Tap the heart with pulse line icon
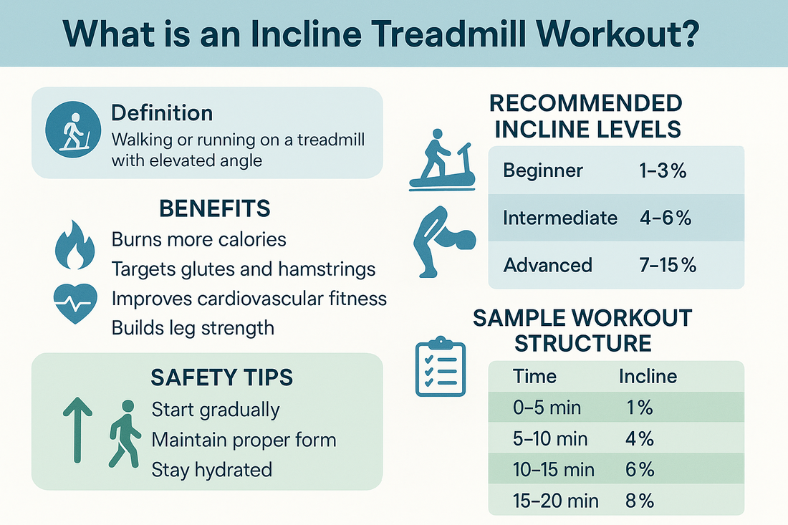click(x=75, y=304)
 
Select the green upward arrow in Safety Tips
click(x=77, y=430)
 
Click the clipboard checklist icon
click(x=441, y=366)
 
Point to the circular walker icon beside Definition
click(x=73, y=130)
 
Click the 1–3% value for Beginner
click(x=663, y=170)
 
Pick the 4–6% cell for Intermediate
click(x=666, y=218)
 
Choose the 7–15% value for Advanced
click(x=668, y=265)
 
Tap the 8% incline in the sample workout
click(x=639, y=501)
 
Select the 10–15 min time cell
click(x=553, y=470)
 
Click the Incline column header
click(x=648, y=376)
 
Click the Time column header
click(x=534, y=376)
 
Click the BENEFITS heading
click(x=215, y=208)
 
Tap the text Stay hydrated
click(x=211, y=470)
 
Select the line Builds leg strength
click(x=193, y=328)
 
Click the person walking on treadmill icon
click(x=442, y=160)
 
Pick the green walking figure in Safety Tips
click(x=125, y=434)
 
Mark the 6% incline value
click(x=640, y=470)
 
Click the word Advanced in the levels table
click(x=548, y=265)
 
